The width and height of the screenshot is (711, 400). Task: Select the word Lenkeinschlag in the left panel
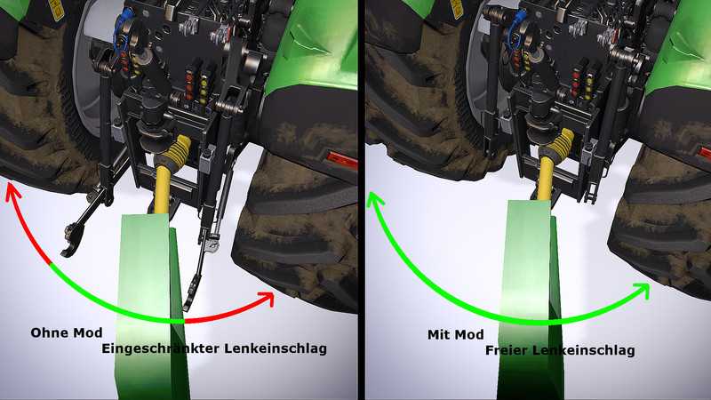tap(276, 348)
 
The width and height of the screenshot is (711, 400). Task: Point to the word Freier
tap(506, 350)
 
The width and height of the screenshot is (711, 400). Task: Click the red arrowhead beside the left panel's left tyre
tap(12, 191)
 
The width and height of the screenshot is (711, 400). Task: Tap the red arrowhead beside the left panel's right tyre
tap(267, 299)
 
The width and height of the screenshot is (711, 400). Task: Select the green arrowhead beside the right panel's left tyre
tap(374, 200)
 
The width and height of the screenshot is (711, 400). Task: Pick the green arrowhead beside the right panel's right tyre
tap(643, 290)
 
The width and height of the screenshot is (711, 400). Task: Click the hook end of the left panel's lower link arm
tap(72, 240)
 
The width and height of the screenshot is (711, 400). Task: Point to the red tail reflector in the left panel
tap(341, 161)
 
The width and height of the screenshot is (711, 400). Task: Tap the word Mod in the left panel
tap(86, 332)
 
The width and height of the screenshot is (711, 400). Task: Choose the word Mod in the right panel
tap(468, 335)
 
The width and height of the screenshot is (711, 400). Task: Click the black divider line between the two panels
tap(362, 200)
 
